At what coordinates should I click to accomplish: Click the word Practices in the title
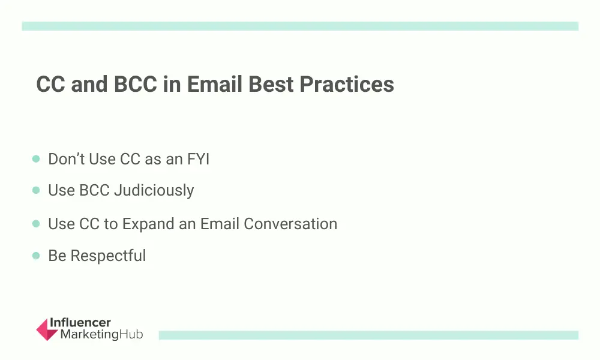(347, 84)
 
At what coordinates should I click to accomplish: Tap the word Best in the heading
(271, 84)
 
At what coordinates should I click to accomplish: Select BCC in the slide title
(136, 84)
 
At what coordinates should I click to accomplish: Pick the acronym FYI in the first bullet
(198, 159)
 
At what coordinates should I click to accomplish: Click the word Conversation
(290, 224)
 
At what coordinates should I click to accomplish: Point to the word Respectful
(108, 256)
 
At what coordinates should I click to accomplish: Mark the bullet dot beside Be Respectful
(36, 256)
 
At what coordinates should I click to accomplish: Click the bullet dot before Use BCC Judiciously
(36, 190)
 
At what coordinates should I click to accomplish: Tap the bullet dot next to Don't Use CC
(36, 158)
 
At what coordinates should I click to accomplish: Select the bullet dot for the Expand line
(36, 223)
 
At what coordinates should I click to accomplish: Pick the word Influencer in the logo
(80, 323)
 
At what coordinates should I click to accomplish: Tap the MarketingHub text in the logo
(102, 334)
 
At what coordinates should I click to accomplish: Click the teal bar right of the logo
(368, 335)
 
